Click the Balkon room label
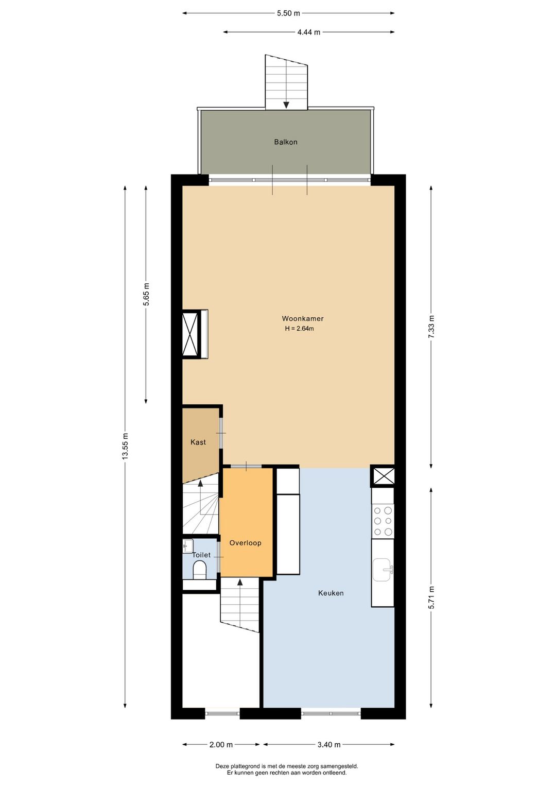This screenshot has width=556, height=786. tap(286, 142)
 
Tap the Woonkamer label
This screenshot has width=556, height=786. tap(303, 319)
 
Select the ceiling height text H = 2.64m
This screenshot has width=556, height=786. tap(299, 329)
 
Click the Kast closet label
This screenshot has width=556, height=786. tap(198, 442)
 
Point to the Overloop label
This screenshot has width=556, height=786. tap(246, 543)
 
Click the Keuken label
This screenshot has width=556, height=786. tap(331, 593)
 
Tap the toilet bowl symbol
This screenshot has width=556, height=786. tap(199, 570)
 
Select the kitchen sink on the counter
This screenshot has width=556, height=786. tap(382, 570)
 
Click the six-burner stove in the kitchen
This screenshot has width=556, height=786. tap(383, 521)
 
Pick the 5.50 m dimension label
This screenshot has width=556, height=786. tap(288, 13)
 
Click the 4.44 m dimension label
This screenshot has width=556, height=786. tap(308, 32)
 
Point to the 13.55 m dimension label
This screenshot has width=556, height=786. tap(125, 447)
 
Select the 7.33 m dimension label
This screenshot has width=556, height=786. tap(431, 327)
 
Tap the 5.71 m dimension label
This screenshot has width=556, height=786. tap(431, 597)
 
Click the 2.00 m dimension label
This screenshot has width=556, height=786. tap(221, 745)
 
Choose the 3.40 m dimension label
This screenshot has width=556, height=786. tap(329, 745)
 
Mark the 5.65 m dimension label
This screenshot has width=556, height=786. tap(146, 295)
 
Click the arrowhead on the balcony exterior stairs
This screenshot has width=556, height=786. tap(286, 105)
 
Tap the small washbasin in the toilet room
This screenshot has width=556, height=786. tap(188, 545)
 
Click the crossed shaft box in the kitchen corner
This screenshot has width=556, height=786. tap(383, 476)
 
